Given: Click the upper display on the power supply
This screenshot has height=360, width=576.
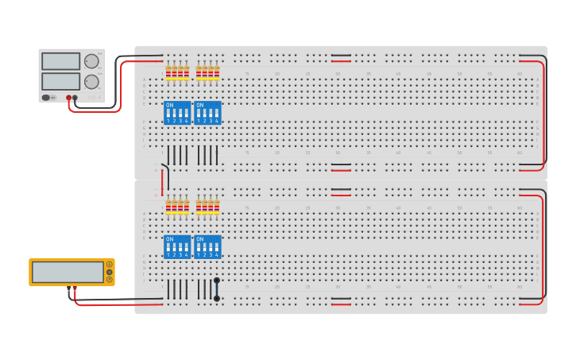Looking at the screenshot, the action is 61,61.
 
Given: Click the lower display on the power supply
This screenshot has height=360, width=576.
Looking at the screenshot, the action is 61,81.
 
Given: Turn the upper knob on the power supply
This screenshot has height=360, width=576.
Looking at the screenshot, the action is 92,61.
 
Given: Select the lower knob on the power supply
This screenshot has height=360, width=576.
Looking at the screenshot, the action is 92,81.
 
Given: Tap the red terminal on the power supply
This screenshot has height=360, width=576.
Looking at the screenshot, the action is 68,98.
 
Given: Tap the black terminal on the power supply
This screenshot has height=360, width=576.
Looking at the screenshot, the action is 75,98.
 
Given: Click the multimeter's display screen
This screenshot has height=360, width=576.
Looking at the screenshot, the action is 68,272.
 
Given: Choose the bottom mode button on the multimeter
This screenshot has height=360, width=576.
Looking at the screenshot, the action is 109,280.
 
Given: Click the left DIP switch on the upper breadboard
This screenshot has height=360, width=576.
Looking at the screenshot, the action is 177,113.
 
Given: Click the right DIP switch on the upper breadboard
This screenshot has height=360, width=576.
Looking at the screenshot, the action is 207,113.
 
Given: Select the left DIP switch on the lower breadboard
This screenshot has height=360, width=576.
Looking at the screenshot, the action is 177,246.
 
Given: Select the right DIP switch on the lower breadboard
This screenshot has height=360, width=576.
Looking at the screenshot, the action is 207,246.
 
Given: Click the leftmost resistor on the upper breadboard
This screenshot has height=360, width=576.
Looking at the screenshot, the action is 168,72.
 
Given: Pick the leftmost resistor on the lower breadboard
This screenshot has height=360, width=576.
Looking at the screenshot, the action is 168,207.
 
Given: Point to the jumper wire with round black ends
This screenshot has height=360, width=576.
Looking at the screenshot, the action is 217,289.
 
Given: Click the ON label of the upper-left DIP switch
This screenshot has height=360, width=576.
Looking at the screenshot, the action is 169,105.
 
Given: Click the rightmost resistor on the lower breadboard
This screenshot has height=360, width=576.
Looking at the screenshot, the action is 217,207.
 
